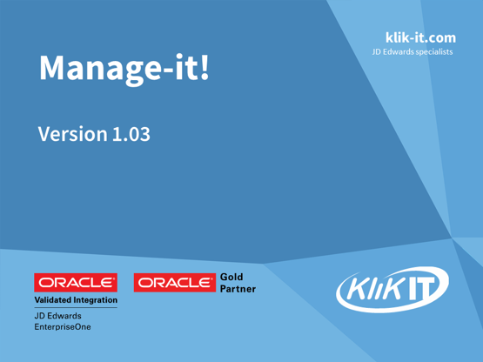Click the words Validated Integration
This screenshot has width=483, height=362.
(76, 300)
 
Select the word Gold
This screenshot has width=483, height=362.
(233, 276)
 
